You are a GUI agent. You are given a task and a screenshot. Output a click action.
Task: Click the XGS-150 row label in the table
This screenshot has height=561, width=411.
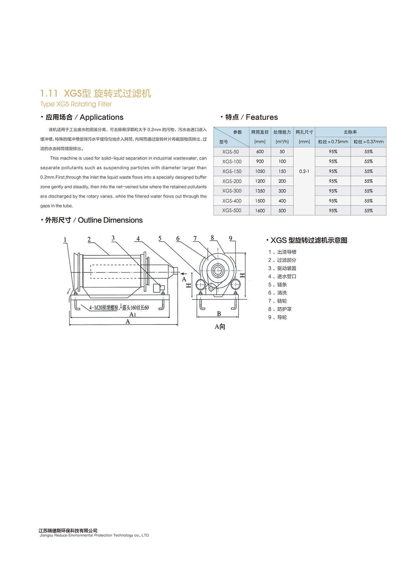click(x=232, y=171)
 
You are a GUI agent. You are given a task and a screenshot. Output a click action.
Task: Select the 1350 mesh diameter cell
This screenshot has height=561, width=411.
click(x=260, y=191)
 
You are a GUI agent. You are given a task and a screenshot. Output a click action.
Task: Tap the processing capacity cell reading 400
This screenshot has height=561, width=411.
click(x=282, y=201)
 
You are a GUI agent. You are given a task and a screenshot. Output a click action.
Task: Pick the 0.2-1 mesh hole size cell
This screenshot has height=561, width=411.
click(x=304, y=171)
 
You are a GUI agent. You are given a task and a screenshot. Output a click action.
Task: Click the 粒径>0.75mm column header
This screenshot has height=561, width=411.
click(x=333, y=142)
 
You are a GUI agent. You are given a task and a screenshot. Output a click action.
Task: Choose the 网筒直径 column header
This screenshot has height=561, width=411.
click(x=260, y=132)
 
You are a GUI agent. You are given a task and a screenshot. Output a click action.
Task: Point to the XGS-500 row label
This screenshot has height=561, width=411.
click(x=232, y=211)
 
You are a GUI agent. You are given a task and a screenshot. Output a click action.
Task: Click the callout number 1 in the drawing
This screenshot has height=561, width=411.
click(x=65, y=240)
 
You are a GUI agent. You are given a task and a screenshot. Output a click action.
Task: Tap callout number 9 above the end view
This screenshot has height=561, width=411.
click(x=231, y=239)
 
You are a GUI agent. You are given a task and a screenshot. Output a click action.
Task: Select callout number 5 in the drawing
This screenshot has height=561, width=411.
click(x=160, y=239)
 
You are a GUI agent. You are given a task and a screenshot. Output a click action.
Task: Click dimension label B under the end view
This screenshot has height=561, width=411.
click(x=219, y=314)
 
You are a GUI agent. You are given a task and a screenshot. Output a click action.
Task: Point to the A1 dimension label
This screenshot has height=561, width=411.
click(x=133, y=315)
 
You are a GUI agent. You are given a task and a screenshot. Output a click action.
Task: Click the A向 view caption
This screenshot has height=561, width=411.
click(x=220, y=327)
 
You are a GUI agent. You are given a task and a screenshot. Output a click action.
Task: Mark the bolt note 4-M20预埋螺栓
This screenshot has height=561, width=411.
click(x=104, y=308)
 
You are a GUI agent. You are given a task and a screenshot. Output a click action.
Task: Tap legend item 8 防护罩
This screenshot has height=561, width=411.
click(x=280, y=309)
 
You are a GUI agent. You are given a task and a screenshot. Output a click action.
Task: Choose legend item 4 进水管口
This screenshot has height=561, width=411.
click(x=282, y=277)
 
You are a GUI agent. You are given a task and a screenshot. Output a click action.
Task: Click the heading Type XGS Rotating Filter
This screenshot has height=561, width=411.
click(x=76, y=104)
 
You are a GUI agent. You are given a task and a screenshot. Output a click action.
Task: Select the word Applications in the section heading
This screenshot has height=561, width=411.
click(x=101, y=117)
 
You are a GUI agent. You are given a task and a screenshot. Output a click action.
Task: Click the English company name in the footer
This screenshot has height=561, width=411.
click(x=94, y=535)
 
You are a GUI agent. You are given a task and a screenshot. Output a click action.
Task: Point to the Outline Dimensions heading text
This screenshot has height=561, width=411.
click(x=110, y=220)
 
